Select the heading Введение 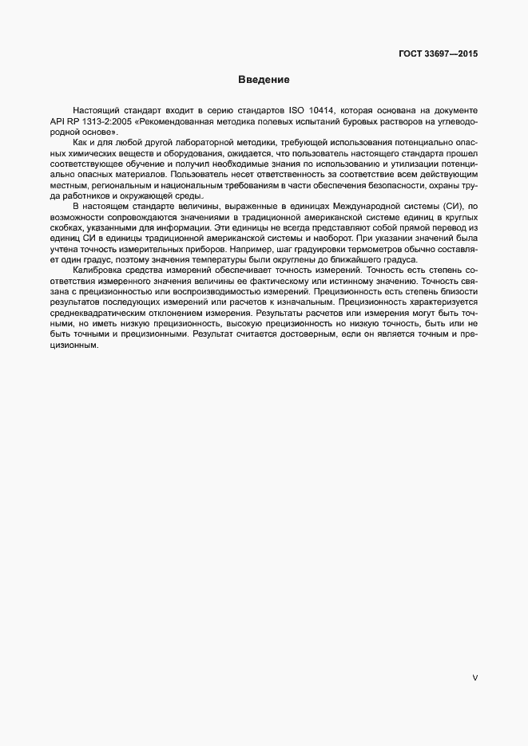[263, 80]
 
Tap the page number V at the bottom [475, 678]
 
